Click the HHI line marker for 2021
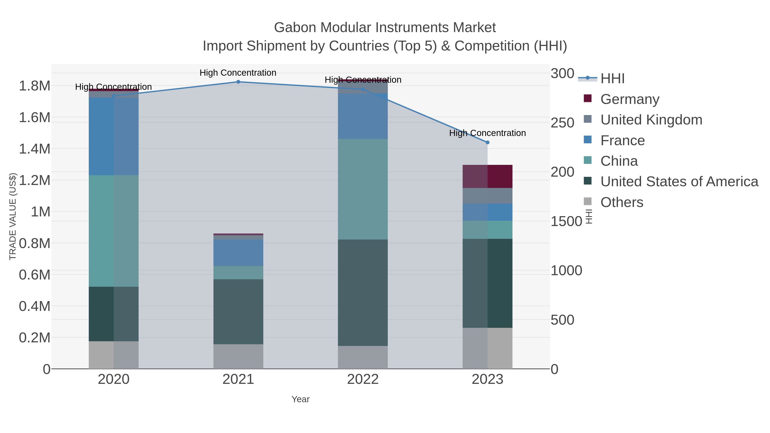pos(238,82)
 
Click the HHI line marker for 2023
pos(487,143)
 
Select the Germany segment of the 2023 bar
pos(487,176)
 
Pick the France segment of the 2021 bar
pos(238,253)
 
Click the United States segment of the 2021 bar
pos(238,312)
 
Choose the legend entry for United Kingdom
pos(651,120)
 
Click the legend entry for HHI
pos(612,79)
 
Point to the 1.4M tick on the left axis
pos(35,149)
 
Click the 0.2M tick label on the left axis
pos(35,338)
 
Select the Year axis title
pos(301,399)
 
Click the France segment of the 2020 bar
pos(114,136)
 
